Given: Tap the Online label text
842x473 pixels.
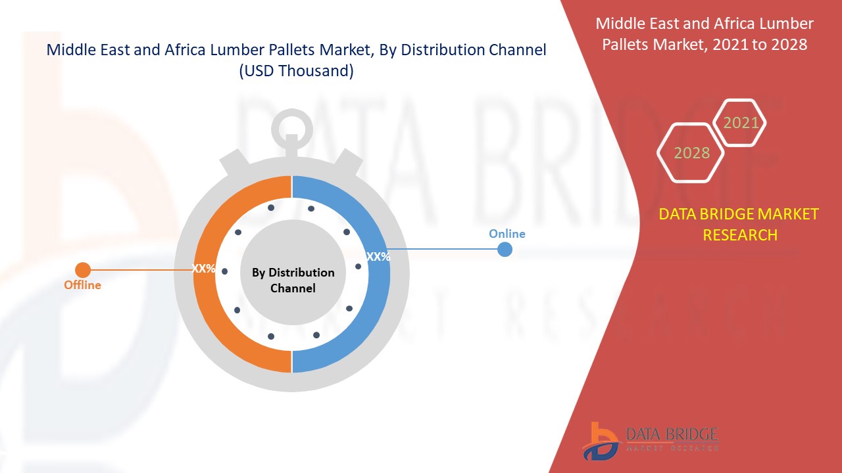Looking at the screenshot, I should (x=507, y=234).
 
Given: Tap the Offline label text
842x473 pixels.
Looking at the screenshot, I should (x=82, y=285).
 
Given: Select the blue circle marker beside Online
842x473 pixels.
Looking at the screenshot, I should (x=505, y=249).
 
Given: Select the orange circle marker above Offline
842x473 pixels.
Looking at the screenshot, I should (x=83, y=269).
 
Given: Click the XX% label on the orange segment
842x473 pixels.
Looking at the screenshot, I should (x=203, y=269).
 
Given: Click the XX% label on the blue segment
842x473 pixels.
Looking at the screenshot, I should (x=378, y=257).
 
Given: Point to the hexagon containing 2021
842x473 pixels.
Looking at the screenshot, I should (x=741, y=123).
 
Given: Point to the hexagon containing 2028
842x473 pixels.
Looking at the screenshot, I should (x=691, y=153).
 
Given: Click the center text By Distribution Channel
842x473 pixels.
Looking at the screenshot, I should (x=293, y=281).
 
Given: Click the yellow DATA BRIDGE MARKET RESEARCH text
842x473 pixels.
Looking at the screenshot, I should (x=739, y=224).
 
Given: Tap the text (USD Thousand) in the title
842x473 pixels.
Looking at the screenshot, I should (x=295, y=71).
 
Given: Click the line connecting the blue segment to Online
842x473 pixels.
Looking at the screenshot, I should (x=447, y=249).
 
